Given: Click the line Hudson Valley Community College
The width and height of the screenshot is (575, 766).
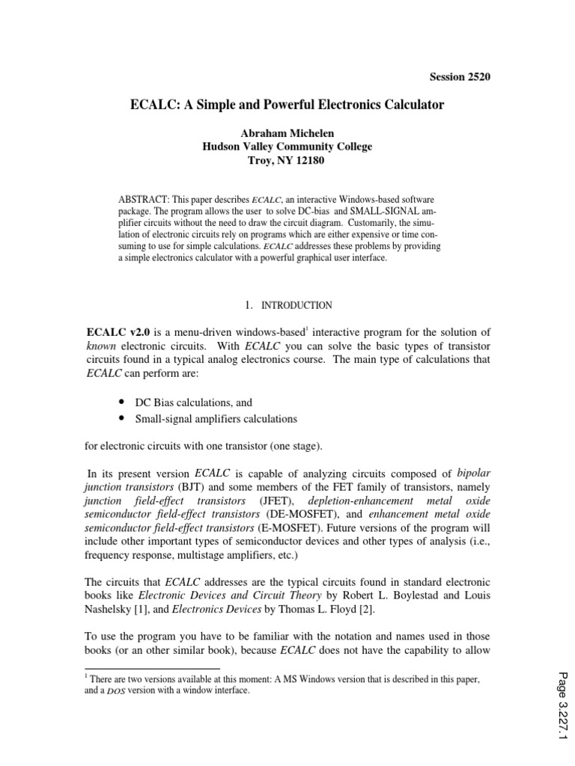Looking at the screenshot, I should (287, 147).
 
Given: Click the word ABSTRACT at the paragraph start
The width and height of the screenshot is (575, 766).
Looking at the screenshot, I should (144, 201).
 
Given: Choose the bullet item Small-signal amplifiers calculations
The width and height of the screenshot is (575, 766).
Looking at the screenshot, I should (216, 418).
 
